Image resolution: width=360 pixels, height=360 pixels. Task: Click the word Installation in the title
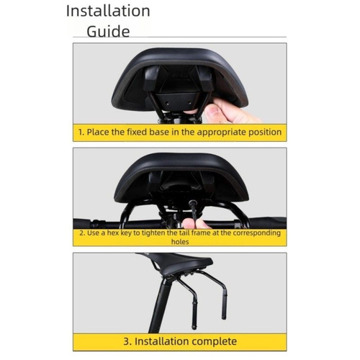click(108, 11)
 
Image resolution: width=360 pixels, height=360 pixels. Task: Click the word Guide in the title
click(108, 32)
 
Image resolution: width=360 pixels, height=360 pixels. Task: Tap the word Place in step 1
click(98, 132)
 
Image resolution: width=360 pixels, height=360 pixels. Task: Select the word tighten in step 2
click(154, 233)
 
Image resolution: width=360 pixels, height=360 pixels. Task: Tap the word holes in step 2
click(180, 242)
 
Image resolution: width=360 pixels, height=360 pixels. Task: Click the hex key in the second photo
click(193, 210)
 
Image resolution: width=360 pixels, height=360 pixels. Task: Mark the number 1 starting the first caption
click(81, 132)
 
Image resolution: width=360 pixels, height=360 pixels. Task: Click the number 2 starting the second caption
click(82, 233)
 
